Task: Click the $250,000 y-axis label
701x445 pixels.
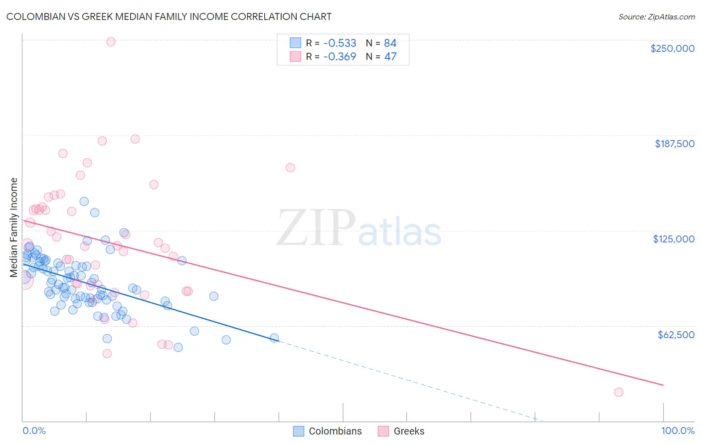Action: (x=672, y=48)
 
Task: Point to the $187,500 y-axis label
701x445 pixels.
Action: (x=674, y=144)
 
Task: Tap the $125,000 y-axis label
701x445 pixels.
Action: (x=674, y=239)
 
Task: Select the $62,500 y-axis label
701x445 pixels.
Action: (x=676, y=335)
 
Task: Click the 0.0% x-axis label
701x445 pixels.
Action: (x=34, y=431)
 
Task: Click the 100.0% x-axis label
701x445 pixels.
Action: (x=678, y=431)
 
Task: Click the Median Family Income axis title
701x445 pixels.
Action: (x=14, y=227)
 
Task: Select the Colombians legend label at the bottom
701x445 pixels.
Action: (x=335, y=431)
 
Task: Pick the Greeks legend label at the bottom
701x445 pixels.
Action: (x=409, y=431)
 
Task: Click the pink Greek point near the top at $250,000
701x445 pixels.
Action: (x=111, y=42)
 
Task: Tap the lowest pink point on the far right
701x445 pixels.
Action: (x=619, y=392)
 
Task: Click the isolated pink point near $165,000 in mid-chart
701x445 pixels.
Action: (x=290, y=168)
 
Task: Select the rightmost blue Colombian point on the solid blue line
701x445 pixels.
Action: (x=274, y=338)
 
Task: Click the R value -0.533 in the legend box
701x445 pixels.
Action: (x=340, y=43)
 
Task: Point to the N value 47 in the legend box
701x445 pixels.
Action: (x=390, y=56)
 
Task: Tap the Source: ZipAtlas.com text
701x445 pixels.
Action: (x=656, y=16)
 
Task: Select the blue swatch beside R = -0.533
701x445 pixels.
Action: (x=296, y=43)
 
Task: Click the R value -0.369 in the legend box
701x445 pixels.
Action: (x=340, y=56)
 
